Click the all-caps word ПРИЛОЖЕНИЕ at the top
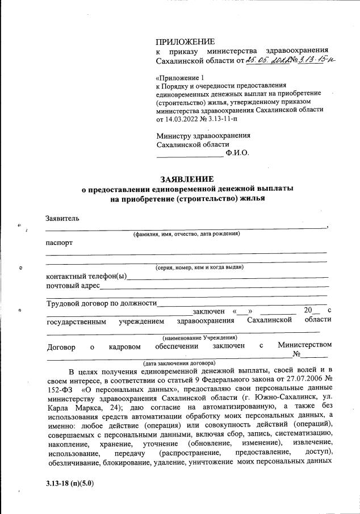click(x=185, y=41)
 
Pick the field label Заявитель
click(x=62, y=218)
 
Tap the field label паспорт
click(x=59, y=243)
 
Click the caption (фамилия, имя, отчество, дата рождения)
click(x=186, y=234)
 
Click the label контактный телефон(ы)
click(x=86, y=277)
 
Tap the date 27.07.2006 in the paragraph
click(x=291, y=381)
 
